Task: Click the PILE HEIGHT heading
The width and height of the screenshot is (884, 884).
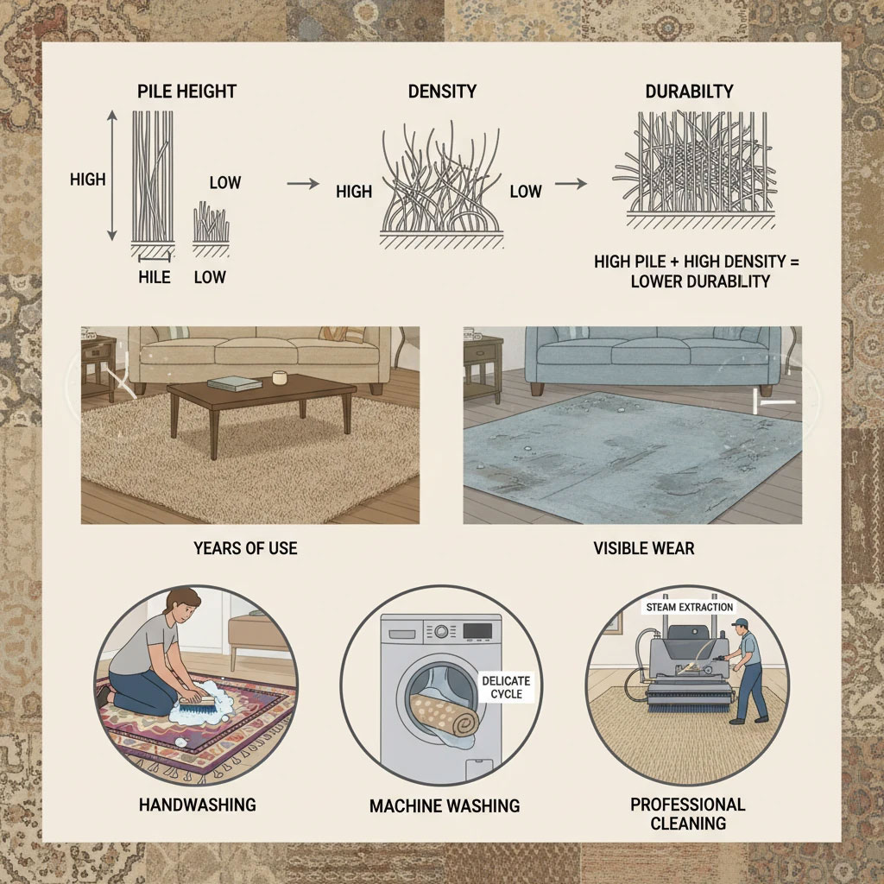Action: pos(186,92)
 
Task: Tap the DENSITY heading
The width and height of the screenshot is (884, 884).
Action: pos(442,92)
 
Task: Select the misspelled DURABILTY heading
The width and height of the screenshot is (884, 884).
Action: pos(689,92)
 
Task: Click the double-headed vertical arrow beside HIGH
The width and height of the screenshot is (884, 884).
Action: pos(112,175)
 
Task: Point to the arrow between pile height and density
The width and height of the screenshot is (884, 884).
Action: pos(303,184)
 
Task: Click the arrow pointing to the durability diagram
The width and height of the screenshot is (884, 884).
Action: pos(571,184)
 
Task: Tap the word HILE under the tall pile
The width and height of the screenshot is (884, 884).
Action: pos(155,277)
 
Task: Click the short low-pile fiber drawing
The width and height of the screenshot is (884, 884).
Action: pos(211,223)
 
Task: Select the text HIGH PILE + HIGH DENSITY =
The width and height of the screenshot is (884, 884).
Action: pos(697,262)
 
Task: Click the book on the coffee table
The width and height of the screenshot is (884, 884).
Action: pos(235,384)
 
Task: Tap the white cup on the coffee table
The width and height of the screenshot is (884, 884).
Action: pos(280,378)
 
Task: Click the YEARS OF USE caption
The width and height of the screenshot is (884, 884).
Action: pos(245,548)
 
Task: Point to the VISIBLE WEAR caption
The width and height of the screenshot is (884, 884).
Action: pos(644,548)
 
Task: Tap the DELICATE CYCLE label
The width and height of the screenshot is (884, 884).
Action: pos(506,687)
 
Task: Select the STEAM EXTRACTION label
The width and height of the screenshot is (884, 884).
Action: pos(690,607)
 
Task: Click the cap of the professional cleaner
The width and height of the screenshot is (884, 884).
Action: pos(739,623)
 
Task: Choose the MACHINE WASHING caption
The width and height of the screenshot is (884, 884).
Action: pos(445,805)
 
